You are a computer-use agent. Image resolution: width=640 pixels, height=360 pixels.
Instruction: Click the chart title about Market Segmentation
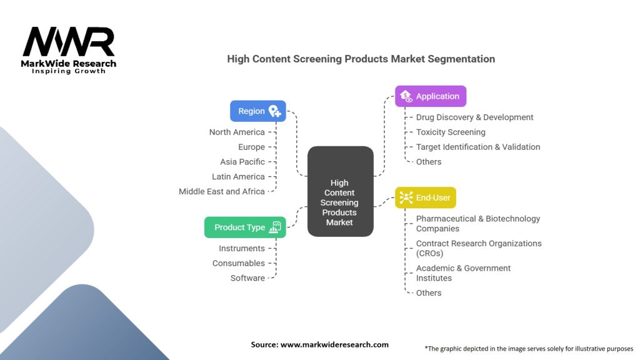361,59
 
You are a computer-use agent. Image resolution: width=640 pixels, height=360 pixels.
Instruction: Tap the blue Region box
257,111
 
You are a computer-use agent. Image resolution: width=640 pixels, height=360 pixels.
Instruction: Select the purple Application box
431,96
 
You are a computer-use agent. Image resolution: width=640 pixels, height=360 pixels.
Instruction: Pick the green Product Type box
245,227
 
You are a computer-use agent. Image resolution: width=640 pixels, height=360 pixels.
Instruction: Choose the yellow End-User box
426,197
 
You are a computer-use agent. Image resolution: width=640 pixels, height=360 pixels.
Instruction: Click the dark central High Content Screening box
340,191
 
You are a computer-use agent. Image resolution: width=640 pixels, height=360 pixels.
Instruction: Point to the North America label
237,132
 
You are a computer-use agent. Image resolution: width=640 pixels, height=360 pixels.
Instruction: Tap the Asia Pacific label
242,162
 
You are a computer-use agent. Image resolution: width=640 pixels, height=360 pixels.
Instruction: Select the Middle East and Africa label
222,191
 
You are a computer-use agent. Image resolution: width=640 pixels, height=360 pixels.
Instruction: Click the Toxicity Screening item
451,132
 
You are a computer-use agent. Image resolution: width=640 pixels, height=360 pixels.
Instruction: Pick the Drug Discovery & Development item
474,117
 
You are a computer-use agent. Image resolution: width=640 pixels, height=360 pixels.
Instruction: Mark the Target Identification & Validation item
478,147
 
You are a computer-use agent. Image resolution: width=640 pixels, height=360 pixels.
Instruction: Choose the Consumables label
238,263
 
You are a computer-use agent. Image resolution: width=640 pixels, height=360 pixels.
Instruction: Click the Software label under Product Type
247,278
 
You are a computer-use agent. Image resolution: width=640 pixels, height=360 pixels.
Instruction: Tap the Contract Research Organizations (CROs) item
478,248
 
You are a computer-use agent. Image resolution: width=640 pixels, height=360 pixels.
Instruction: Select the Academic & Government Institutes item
463,273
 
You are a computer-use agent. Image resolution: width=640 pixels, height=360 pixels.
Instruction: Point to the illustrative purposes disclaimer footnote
528,348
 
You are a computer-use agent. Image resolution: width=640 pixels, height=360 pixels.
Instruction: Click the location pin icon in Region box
274,111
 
